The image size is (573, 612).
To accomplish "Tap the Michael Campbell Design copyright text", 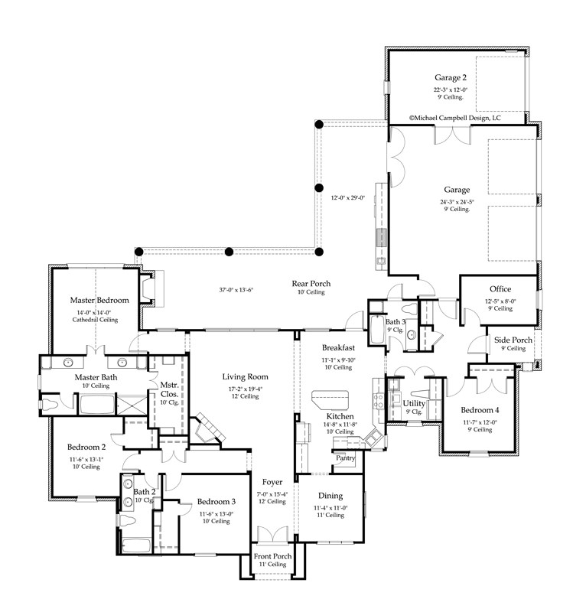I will [454, 119].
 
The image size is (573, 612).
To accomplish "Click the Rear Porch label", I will [311, 284].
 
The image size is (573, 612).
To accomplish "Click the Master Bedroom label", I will [99, 300].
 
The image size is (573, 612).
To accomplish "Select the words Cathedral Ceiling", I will [96, 321].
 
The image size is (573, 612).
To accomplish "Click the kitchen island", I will [330, 399].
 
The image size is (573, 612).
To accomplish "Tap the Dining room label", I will [330, 496].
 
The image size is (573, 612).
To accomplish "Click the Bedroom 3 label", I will [217, 501].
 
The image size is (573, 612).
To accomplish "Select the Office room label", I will [500, 289].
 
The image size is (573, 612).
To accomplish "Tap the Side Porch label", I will [513, 339].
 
